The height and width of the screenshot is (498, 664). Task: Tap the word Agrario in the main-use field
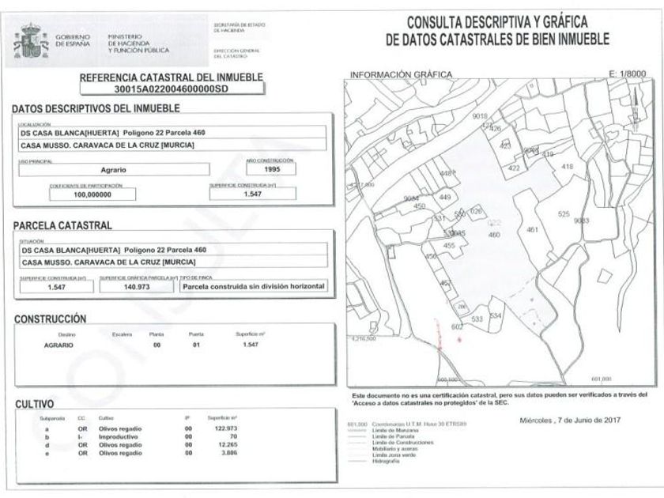[117, 169]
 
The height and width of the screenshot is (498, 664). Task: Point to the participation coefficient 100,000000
[93, 194]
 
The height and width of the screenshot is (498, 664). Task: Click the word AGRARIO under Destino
[59, 345]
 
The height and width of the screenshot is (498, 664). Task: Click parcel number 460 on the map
[496, 234]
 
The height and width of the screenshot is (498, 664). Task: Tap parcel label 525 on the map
[564, 214]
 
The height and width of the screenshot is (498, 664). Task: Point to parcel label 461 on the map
[532, 229]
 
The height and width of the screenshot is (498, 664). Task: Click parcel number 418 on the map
[566, 167]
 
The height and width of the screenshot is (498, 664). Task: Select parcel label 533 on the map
[477, 319]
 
